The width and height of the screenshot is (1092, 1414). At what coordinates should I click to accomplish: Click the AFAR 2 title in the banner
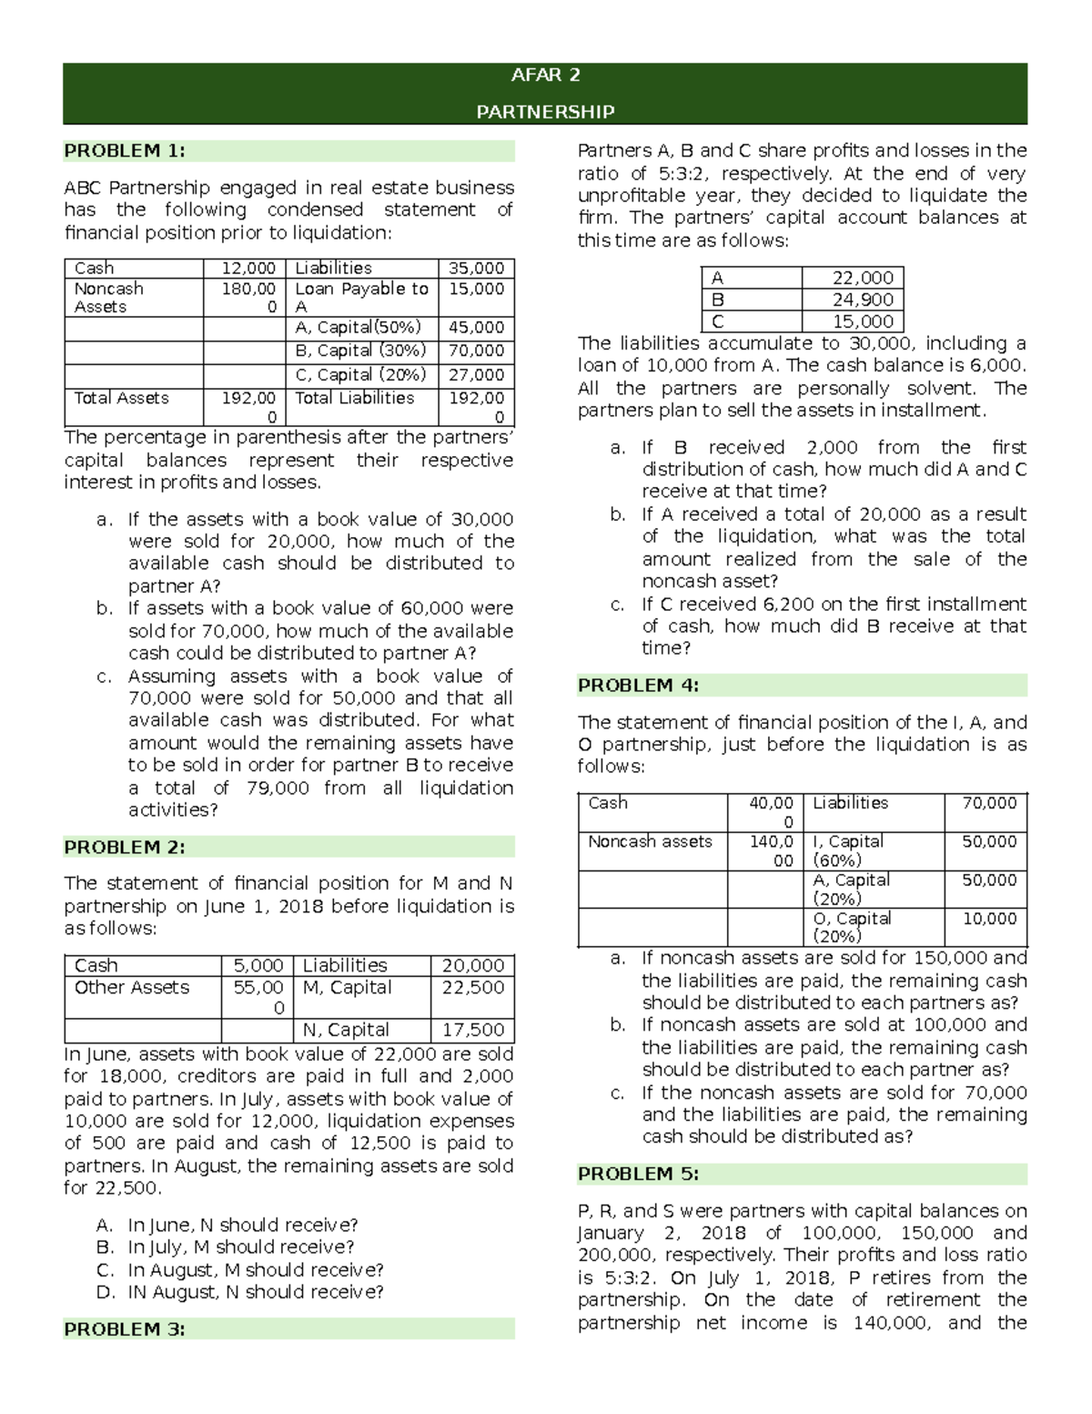tap(545, 76)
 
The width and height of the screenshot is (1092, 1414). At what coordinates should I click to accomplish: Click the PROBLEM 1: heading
tap(125, 151)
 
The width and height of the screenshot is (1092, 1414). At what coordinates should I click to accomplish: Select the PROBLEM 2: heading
tap(125, 847)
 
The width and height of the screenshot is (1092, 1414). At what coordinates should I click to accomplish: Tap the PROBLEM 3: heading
tap(125, 1329)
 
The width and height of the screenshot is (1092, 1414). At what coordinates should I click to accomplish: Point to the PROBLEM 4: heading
tap(638, 686)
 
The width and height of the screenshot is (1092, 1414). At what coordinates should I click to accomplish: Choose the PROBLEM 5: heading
tap(638, 1175)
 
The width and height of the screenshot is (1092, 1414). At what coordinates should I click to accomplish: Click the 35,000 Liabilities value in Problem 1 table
tap(476, 268)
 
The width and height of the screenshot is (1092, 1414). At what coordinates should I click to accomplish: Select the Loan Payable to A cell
tap(361, 298)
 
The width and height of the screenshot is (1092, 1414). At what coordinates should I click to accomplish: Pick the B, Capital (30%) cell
tap(360, 351)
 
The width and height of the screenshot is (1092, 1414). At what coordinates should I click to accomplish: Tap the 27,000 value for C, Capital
tap(476, 375)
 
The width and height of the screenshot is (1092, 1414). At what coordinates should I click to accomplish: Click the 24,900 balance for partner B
tap(863, 300)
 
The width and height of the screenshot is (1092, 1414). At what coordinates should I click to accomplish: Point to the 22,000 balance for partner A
tap(863, 278)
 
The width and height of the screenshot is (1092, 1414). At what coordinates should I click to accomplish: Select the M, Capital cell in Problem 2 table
tap(347, 988)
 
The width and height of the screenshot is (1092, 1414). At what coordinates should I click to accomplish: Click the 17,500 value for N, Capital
tap(472, 1030)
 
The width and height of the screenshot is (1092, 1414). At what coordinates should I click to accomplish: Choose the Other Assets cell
tap(132, 988)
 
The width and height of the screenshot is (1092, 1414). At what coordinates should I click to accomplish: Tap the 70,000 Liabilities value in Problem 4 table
tap(989, 803)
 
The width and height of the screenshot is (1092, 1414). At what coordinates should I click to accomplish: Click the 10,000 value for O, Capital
tap(989, 919)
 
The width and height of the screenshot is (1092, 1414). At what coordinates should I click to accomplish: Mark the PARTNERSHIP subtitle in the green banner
tap(545, 112)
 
